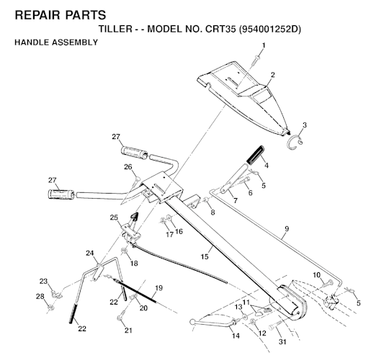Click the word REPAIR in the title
point(37,15)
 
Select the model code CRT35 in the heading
point(221,29)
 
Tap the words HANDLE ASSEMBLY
point(56,42)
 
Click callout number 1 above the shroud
point(264,45)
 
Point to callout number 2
point(272,75)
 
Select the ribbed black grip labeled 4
point(256,155)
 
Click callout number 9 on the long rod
point(287,229)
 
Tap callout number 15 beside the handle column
point(205,257)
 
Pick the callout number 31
point(282,341)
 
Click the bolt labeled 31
point(276,325)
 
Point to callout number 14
point(236,336)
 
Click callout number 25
point(114,217)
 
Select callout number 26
point(128,166)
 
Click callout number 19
point(158,288)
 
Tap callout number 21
point(128,330)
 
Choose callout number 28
point(40,297)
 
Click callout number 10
point(317,275)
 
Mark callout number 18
point(134,264)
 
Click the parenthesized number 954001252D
point(270,29)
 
